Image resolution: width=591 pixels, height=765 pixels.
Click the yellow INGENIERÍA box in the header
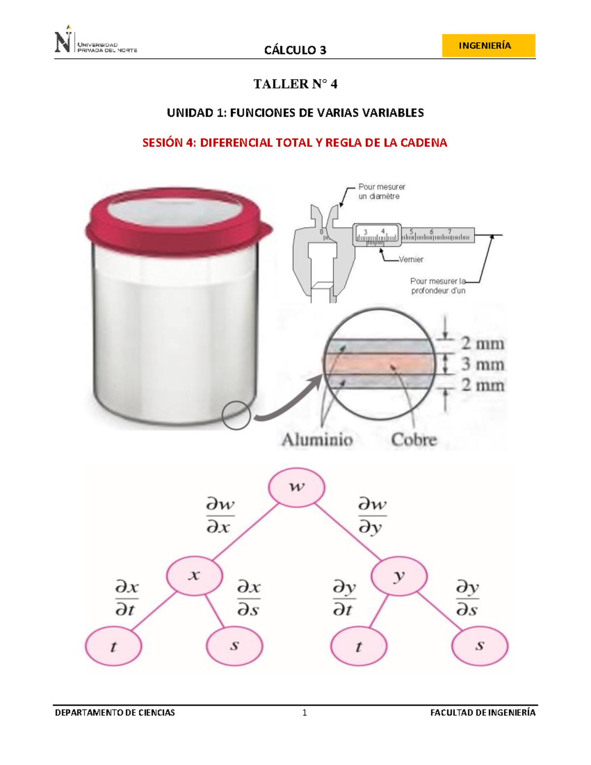coord(488,46)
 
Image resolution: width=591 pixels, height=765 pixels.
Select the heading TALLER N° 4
coord(295,84)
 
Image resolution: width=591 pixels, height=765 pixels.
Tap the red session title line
coord(295,143)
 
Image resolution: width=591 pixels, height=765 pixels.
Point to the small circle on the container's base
coord(236,415)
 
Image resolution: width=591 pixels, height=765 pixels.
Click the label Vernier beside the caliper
coord(411,260)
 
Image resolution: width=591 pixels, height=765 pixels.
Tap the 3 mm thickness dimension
coord(482,365)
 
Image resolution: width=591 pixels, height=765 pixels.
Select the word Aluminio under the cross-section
coord(317,439)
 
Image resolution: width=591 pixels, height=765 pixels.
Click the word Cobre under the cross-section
coord(414,439)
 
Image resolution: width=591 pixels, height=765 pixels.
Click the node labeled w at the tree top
coord(296,487)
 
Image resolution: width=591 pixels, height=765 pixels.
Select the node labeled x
coord(195,575)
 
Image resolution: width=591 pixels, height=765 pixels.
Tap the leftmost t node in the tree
coord(113,646)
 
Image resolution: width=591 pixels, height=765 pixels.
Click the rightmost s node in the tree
coord(480,646)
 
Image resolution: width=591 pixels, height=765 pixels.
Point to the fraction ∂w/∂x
coord(220,516)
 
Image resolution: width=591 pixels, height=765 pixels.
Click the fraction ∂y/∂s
coord(467,599)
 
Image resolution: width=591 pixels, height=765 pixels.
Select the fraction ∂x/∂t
coord(126,599)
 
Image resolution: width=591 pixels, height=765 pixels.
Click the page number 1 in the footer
coord(305,712)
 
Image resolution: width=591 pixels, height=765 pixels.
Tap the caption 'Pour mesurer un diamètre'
coord(381,192)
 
